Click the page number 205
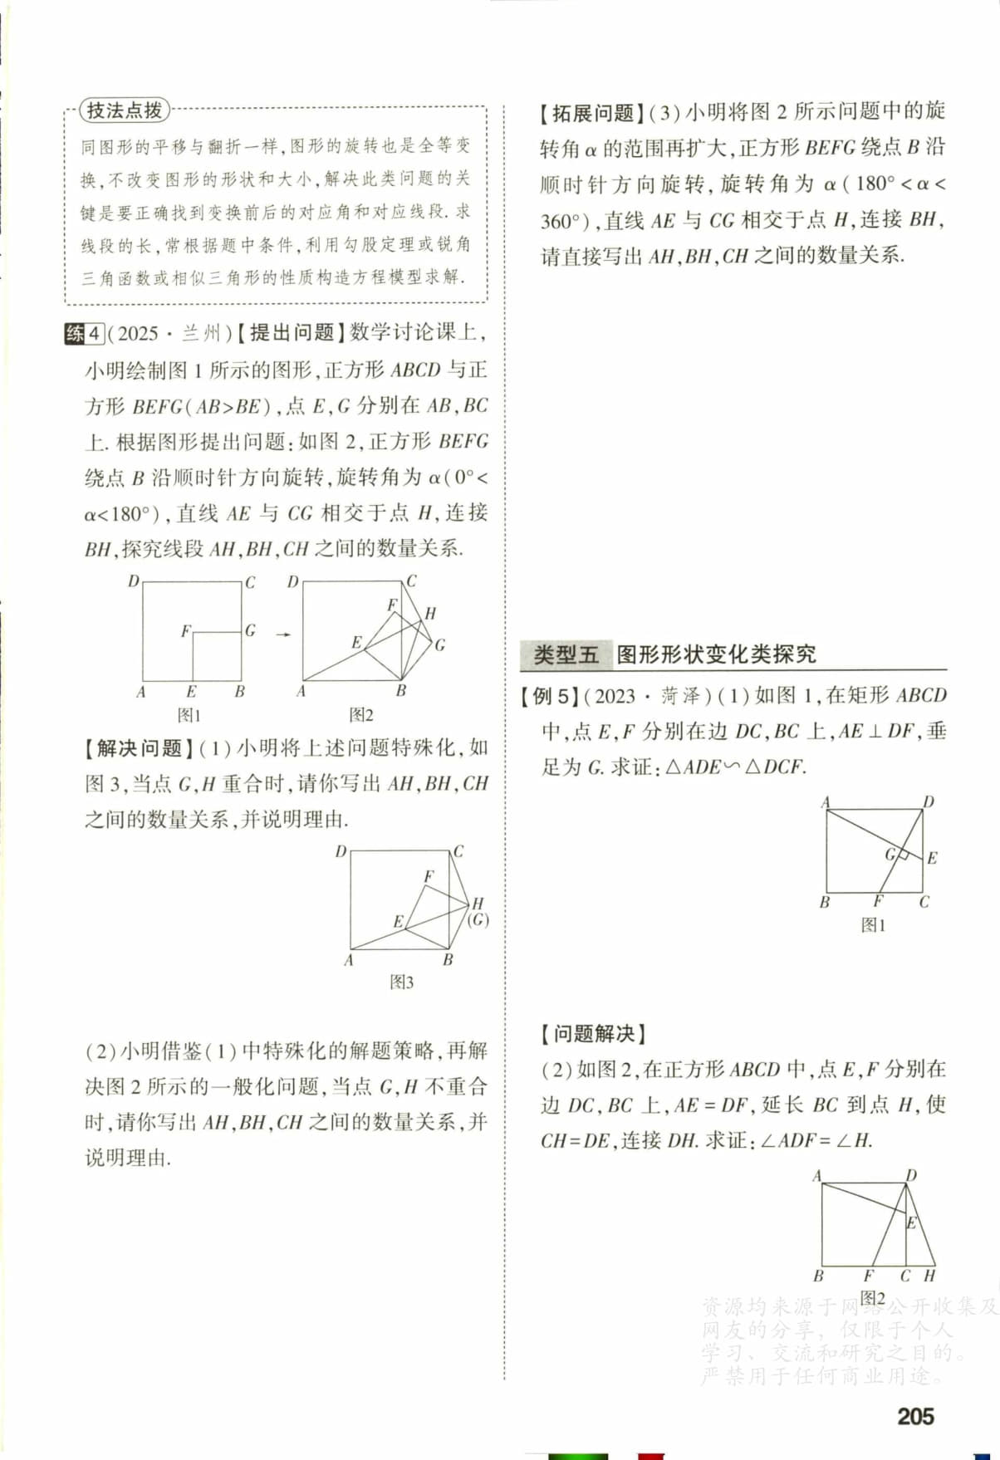[915, 1416]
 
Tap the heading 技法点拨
[125, 110]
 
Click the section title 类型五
[566, 654]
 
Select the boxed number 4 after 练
[95, 334]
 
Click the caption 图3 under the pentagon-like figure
[401, 982]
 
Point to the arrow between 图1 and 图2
[283, 635]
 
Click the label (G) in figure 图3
[478, 919]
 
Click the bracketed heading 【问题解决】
[593, 1034]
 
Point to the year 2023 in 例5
[615, 696]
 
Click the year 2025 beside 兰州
[138, 334]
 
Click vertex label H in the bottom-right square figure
[929, 1276]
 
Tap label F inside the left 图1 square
[185, 632]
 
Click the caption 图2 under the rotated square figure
[361, 715]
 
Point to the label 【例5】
[549, 696]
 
